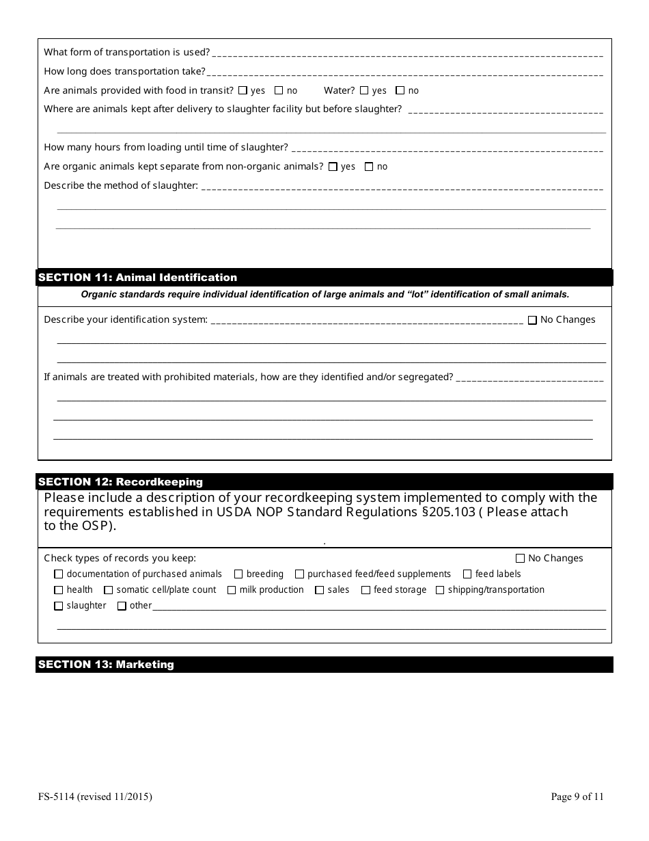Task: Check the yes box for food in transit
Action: coord(243,90)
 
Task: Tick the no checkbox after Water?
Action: coord(400,90)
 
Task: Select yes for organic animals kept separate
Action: coord(333,166)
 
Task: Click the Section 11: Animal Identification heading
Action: coord(138,278)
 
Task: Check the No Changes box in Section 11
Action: coord(532,320)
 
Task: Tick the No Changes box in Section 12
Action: coord(521,559)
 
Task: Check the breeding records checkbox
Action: coord(238,574)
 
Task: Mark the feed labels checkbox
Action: coord(468,574)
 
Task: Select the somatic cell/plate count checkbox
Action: coord(109,590)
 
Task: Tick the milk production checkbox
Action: coord(232,590)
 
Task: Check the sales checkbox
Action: coord(320,590)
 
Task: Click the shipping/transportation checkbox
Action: coord(440,590)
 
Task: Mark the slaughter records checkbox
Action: coord(59,606)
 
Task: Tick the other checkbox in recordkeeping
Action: coord(122,606)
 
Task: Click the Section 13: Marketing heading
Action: coord(107,665)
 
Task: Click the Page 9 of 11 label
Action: coord(577,797)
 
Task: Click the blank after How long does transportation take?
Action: coord(403,72)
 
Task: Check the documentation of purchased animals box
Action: coord(59,574)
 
